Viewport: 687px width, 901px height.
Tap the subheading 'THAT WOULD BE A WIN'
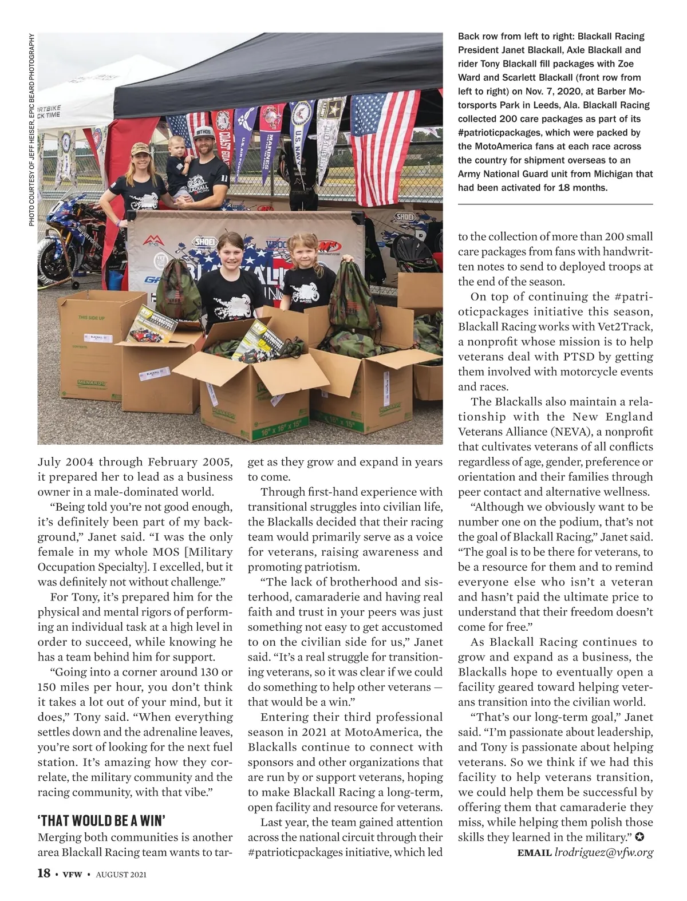(101, 820)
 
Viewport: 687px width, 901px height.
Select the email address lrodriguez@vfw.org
(603, 852)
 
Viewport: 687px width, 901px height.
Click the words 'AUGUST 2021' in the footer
(121, 874)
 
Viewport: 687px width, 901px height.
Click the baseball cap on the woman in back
(141, 149)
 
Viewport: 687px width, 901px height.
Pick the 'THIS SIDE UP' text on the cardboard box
(91, 317)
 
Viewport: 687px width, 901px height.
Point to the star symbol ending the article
(640, 837)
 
